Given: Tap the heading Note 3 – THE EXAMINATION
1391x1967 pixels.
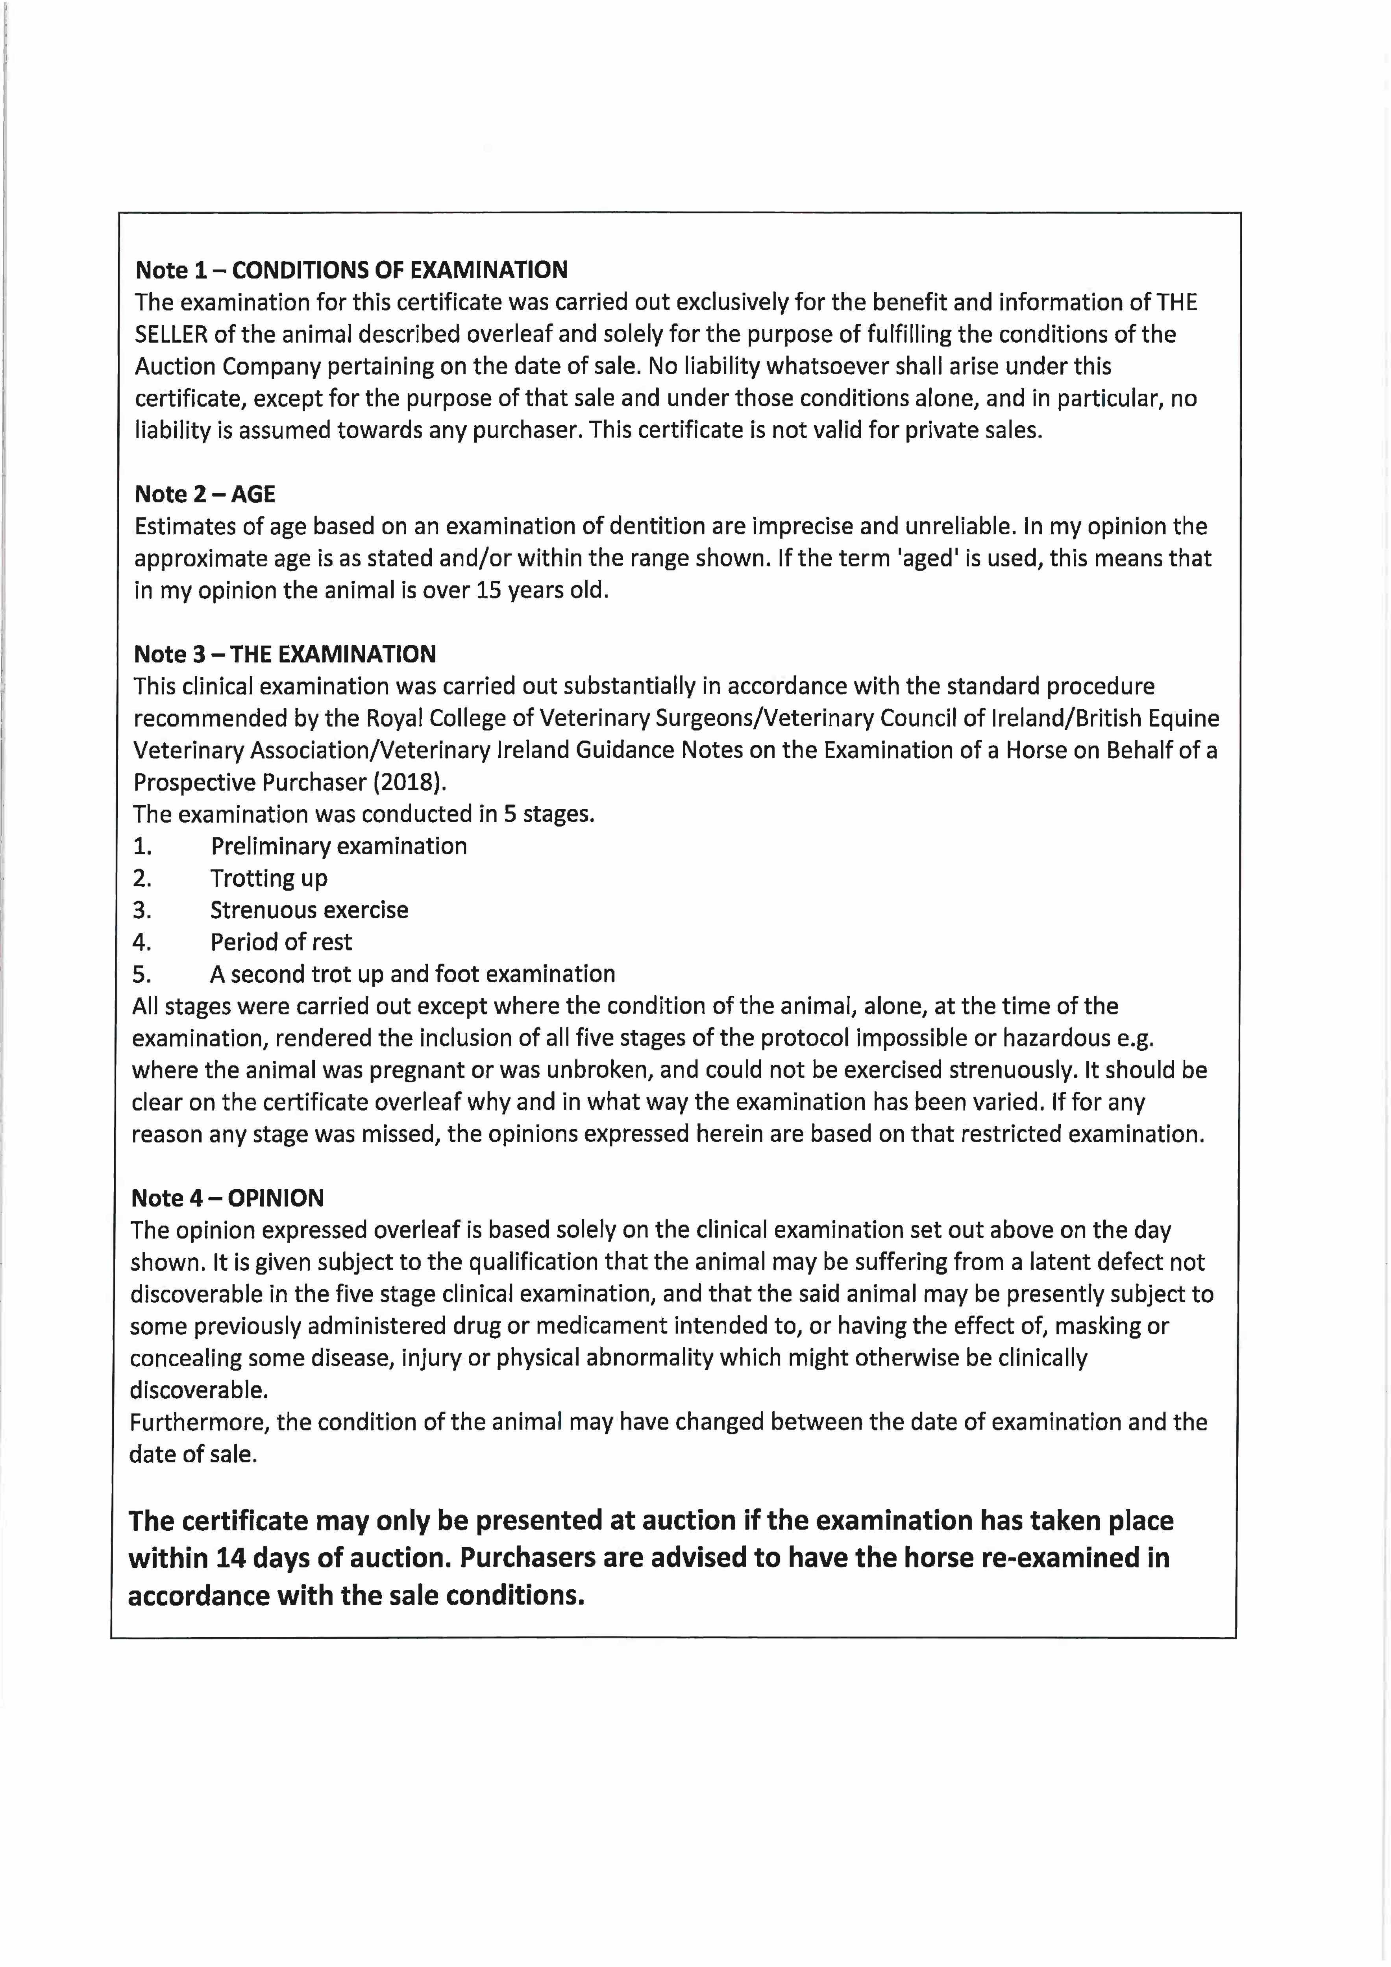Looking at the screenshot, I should pyautogui.click(x=285, y=655).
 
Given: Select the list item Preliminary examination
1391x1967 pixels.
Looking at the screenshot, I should pyautogui.click(x=339, y=847).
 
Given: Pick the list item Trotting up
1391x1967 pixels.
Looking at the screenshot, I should pyautogui.click(x=269, y=878).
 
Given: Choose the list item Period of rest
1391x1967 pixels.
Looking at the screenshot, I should pyautogui.click(x=281, y=942).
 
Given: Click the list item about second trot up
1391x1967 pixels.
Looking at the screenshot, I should pyautogui.click(x=412, y=974).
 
